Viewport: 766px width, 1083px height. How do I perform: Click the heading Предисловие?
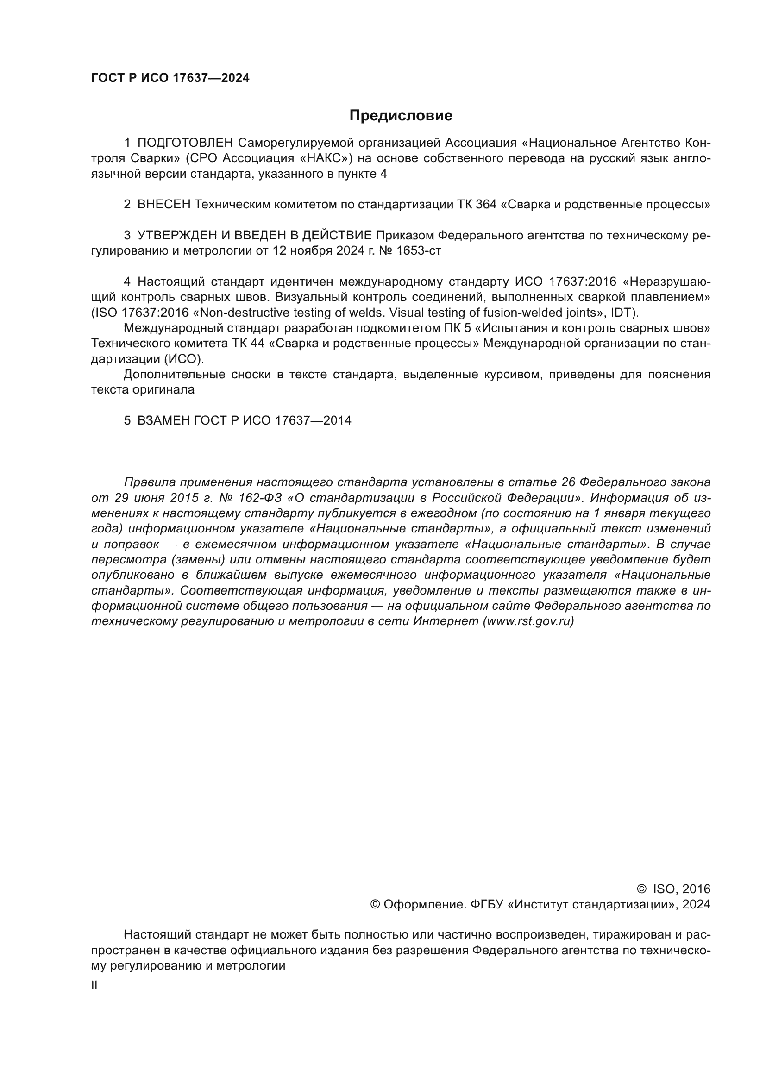click(x=401, y=116)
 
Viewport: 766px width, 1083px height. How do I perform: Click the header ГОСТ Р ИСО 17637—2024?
click(x=170, y=78)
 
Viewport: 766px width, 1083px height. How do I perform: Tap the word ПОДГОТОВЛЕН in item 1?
click(x=185, y=143)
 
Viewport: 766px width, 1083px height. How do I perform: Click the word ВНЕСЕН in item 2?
click(x=164, y=204)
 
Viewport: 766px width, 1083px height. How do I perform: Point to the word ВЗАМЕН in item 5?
click(x=163, y=420)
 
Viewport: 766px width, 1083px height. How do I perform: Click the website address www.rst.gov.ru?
click(x=528, y=621)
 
